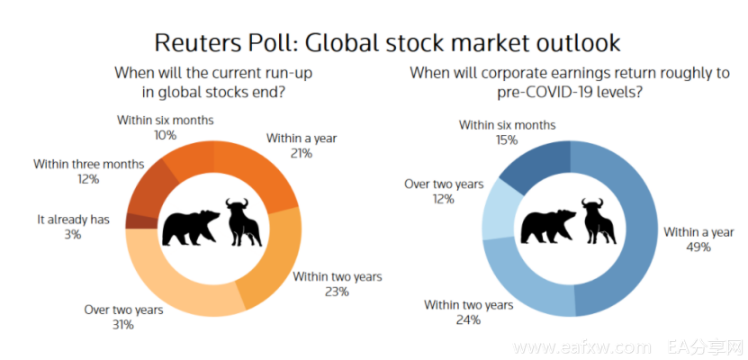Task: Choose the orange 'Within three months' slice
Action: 149,189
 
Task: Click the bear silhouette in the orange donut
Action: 190,227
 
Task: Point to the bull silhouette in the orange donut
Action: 243,222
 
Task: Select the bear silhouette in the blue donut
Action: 548,227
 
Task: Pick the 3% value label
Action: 74,235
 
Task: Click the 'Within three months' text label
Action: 88,165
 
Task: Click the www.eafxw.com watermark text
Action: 581,346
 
